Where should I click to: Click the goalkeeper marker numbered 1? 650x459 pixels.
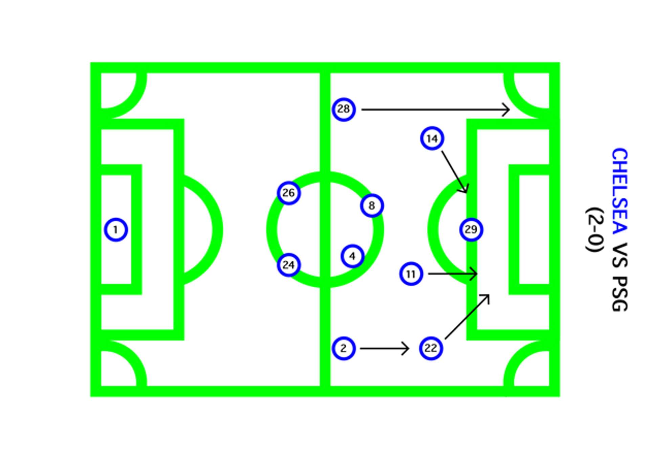click(x=116, y=230)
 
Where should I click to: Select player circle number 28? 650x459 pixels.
click(x=344, y=109)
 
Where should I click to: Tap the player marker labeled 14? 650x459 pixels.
click(x=432, y=138)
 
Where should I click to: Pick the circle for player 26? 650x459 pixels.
click(x=288, y=193)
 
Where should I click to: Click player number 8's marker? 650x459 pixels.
click(x=372, y=205)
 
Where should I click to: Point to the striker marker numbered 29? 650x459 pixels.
click(x=471, y=230)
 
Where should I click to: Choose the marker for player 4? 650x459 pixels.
click(x=352, y=256)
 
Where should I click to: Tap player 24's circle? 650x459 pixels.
click(x=288, y=265)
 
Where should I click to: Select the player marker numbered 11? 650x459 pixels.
click(x=411, y=274)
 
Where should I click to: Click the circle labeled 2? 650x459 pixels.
click(x=344, y=348)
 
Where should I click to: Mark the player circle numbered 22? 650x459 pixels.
click(x=431, y=348)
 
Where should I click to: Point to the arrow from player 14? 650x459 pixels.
click(x=454, y=172)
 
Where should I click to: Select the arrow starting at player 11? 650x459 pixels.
click(x=452, y=274)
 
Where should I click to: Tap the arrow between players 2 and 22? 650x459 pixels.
click(x=385, y=348)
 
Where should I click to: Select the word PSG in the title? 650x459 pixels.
click(x=620, y=294)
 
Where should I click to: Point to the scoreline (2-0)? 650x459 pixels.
click(x=595, y=230)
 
